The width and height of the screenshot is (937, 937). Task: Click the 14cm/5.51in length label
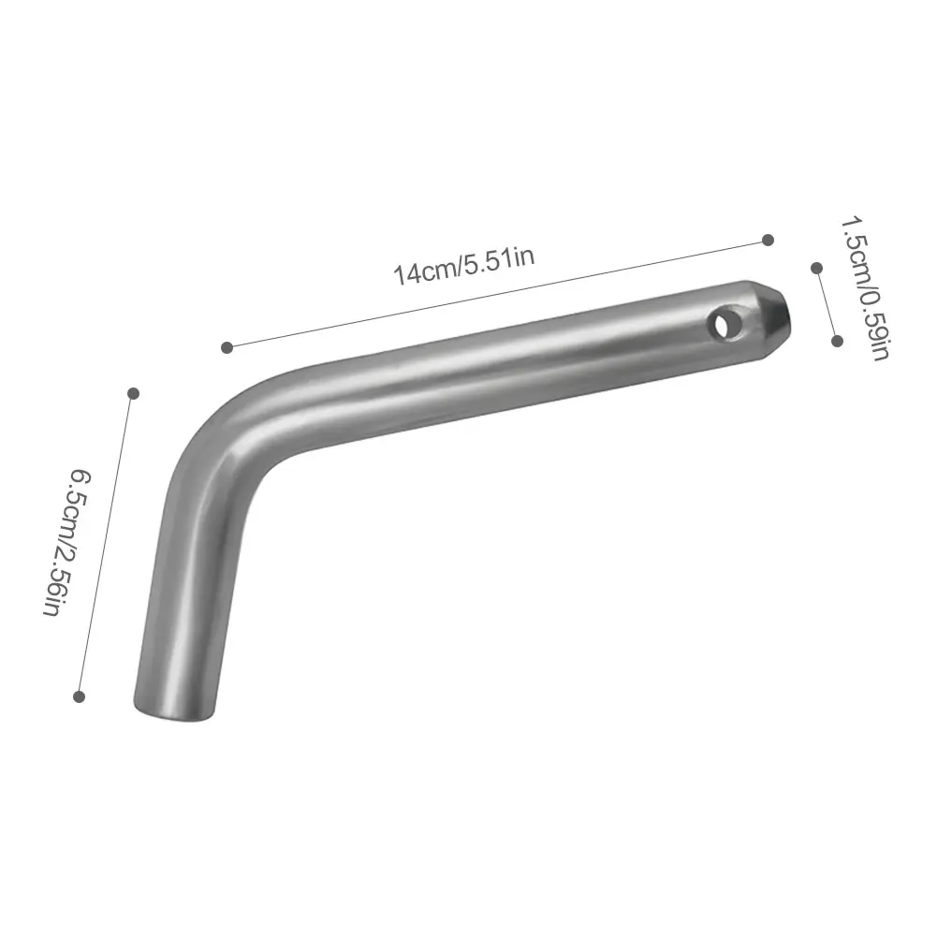(x=463, y=267)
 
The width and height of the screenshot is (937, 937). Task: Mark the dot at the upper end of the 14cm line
(x=769, y=241)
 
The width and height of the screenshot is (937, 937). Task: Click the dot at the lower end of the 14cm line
(x=227, y=347)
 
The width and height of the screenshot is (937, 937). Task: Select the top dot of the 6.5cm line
(x=134, y=393)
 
